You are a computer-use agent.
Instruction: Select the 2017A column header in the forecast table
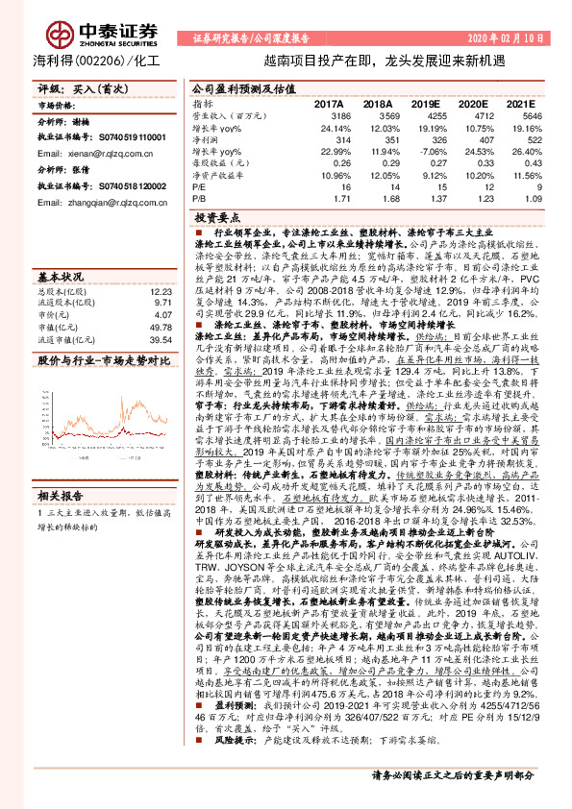[329, 102]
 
